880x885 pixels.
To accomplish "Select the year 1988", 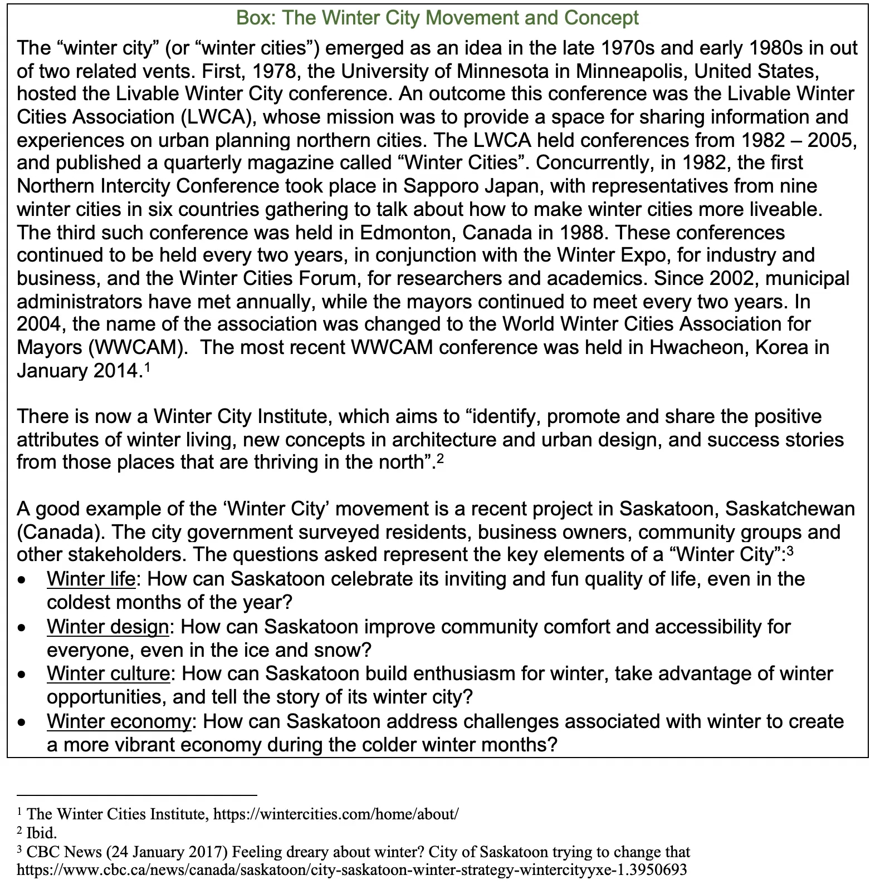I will (x=585, y=232).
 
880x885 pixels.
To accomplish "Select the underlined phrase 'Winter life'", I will (x=91, y=579).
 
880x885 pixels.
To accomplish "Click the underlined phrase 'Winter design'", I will (x=107, y=627).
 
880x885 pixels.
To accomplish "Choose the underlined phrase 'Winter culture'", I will (x=108, y=673).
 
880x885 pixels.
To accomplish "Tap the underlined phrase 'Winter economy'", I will (x=119, y=721).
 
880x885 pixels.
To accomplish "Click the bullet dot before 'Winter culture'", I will (x=22, y=675).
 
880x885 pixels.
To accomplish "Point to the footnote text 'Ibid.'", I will (x=42, y=833).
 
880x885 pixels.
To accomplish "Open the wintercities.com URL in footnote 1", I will (x=336, y=814).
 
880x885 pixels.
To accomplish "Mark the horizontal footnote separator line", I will (x=136, y=795).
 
